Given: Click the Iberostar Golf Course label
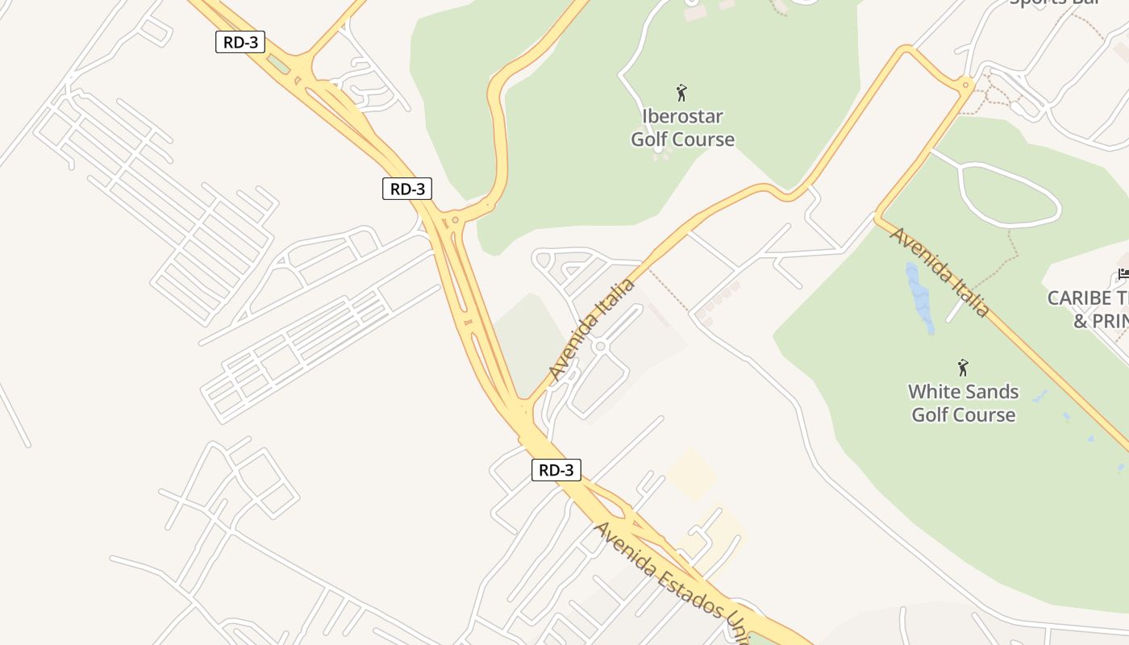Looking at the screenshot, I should [x=682, y=128].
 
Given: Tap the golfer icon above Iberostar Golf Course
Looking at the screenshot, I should [x=681, y=93].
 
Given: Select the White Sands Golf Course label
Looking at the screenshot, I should [x=963, y=403].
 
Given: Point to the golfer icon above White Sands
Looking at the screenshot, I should [x=962, y=368].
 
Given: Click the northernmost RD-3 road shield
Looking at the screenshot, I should [x=240, y=42].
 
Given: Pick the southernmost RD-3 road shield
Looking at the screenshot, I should [x=556, y=470].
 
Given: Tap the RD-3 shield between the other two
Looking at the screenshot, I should [x=407, y=189].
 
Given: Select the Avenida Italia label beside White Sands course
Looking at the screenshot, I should [x=940, y=271].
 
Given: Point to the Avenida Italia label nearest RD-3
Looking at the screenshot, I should [x=591, y=330].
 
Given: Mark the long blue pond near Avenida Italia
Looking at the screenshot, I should [x=919, y=297].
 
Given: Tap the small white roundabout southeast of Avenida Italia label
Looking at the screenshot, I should [x=599, y=346].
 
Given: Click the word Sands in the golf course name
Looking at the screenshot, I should [x=990, y=392].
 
